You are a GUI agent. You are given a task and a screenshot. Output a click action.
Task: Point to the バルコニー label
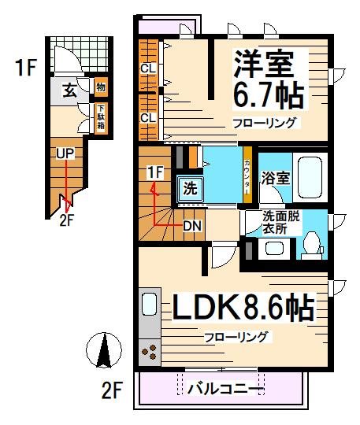(223, 388)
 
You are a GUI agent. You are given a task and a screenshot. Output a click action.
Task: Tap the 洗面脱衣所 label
(282, 223)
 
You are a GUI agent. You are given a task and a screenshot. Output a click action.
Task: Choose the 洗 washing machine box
(189, 188)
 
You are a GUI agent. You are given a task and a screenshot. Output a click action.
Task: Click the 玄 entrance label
(70, 90)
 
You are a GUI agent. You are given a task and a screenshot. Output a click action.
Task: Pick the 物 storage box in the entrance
(101, 86)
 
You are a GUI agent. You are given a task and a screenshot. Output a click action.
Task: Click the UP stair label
(65, 153)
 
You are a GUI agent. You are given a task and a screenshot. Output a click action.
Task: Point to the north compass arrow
(103, 349)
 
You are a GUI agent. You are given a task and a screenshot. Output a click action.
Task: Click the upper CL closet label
(148, 68)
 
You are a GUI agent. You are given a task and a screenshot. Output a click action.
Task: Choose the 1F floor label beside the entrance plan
(24, 68)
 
